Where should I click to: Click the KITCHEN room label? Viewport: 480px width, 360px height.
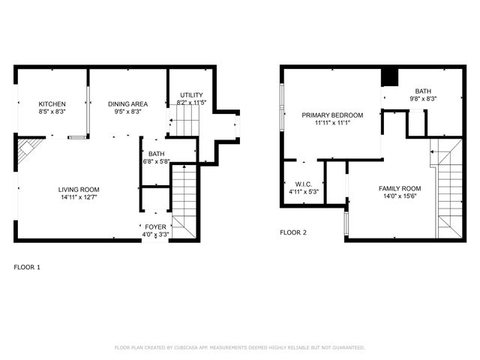pos(52,103)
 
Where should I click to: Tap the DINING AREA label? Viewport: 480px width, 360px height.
pos(127,103)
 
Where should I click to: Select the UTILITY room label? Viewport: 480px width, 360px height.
pos(191,94)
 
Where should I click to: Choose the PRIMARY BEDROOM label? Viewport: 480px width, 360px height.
pos(332,115)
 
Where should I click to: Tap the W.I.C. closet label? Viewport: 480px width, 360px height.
pos(304,184)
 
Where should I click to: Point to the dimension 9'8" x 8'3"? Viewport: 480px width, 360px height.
pos(423,98)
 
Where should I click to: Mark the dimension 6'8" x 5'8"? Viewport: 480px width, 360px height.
pos(156,161)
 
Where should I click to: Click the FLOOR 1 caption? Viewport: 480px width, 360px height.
pos(28,267)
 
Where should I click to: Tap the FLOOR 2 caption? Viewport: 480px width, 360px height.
pos(293,232)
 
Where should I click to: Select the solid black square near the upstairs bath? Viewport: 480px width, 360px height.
pos(389,78)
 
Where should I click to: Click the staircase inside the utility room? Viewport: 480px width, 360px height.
pos(188,119)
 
